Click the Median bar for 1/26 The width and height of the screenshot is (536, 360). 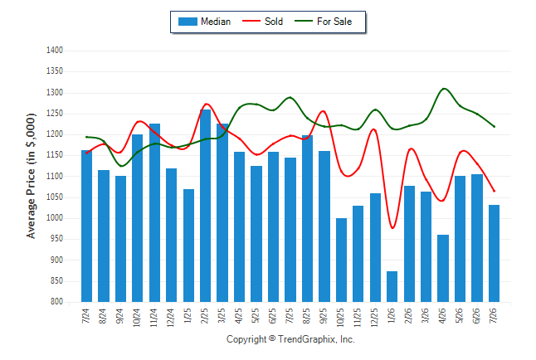coord(392,286)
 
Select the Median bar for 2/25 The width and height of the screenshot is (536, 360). coord(205,206)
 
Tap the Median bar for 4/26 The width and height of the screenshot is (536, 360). coord(443,269)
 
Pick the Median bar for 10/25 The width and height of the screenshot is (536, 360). coord(341,260)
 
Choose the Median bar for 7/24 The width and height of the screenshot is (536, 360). coord(86,226)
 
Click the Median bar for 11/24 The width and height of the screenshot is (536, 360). coord(154,212)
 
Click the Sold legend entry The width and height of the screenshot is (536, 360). coord(262,22)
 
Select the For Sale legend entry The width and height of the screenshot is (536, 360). coord(323,22)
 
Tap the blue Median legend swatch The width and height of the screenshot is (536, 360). coord(188,22)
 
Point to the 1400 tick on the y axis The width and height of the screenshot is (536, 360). coord(55,51)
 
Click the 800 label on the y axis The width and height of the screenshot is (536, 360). coord(56,302)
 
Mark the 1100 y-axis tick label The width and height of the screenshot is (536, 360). coord(55,176)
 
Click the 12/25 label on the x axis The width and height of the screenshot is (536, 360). coord(374,318)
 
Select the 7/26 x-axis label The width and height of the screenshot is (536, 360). coord(494,315)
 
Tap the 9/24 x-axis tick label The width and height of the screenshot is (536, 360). coord(119,316)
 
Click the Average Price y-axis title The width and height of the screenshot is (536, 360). coord(31,176)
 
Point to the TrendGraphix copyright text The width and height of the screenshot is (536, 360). coord(290,339)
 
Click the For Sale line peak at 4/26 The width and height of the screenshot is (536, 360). coord(444,89)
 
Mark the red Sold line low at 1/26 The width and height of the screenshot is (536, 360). coord(392,228)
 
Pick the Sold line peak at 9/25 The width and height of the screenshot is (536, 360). coord(323,111)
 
